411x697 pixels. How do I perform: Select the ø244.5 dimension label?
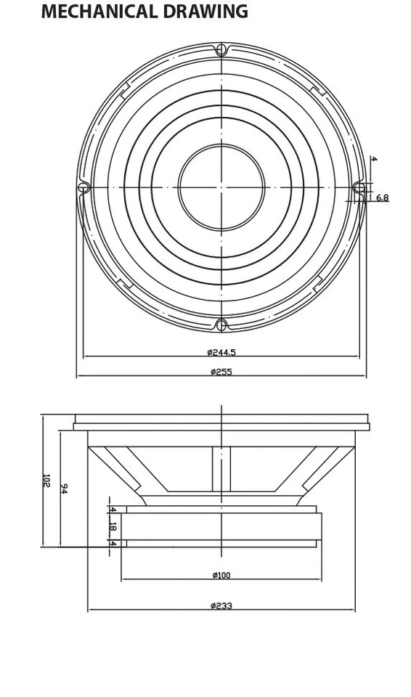pos(221,352)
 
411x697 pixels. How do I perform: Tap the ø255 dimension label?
pos(221,372)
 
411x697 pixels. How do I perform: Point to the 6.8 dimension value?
pos(382,198)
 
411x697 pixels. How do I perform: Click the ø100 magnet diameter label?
pos(221,575)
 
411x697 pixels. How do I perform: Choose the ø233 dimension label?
pos(221,606)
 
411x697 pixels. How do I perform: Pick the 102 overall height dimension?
pos(46,480)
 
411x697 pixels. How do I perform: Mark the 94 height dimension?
pos(64,489)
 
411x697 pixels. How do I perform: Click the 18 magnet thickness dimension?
pos(113,526)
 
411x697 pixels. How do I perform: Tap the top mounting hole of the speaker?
pos(221,49)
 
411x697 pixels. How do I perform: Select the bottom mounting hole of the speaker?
pos(221,325)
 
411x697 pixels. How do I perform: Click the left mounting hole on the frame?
pos(84,187)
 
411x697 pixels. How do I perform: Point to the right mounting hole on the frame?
pos(359,187)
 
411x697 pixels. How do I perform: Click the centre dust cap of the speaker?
pos(221,187)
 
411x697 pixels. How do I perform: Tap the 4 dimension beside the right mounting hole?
pos(373,159)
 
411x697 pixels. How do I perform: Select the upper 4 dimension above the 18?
pos(113,510)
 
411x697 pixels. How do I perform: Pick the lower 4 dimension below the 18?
pos(113,543)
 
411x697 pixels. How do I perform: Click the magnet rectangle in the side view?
pos(221,526)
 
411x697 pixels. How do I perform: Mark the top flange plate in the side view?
pos(221,419)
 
